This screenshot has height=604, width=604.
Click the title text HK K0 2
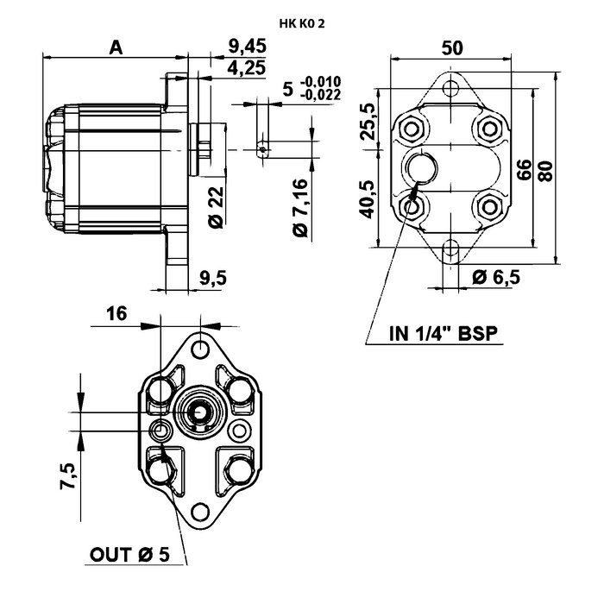point(302,23)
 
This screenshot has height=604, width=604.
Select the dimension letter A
point(115,47)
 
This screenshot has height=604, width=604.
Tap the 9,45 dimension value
point(245,46)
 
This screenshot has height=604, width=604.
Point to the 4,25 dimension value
point(246,66)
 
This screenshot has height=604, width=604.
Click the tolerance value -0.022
point(321,95)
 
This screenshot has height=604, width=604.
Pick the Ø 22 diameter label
point(216,208)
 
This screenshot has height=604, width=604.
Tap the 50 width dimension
point(450,48)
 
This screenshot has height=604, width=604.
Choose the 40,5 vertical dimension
point(368,197)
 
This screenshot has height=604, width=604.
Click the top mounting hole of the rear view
point(449,88)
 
